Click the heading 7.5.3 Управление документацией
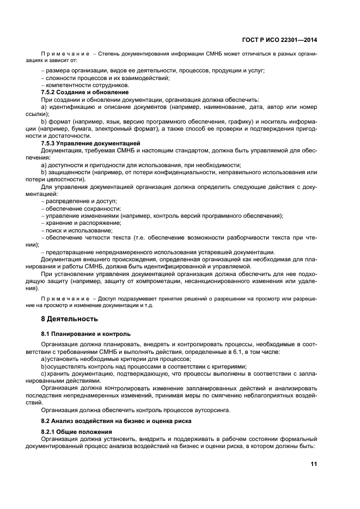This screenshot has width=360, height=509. click(x=82, y=143)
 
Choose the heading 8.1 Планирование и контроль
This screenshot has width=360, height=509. click(x=86, y=333)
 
